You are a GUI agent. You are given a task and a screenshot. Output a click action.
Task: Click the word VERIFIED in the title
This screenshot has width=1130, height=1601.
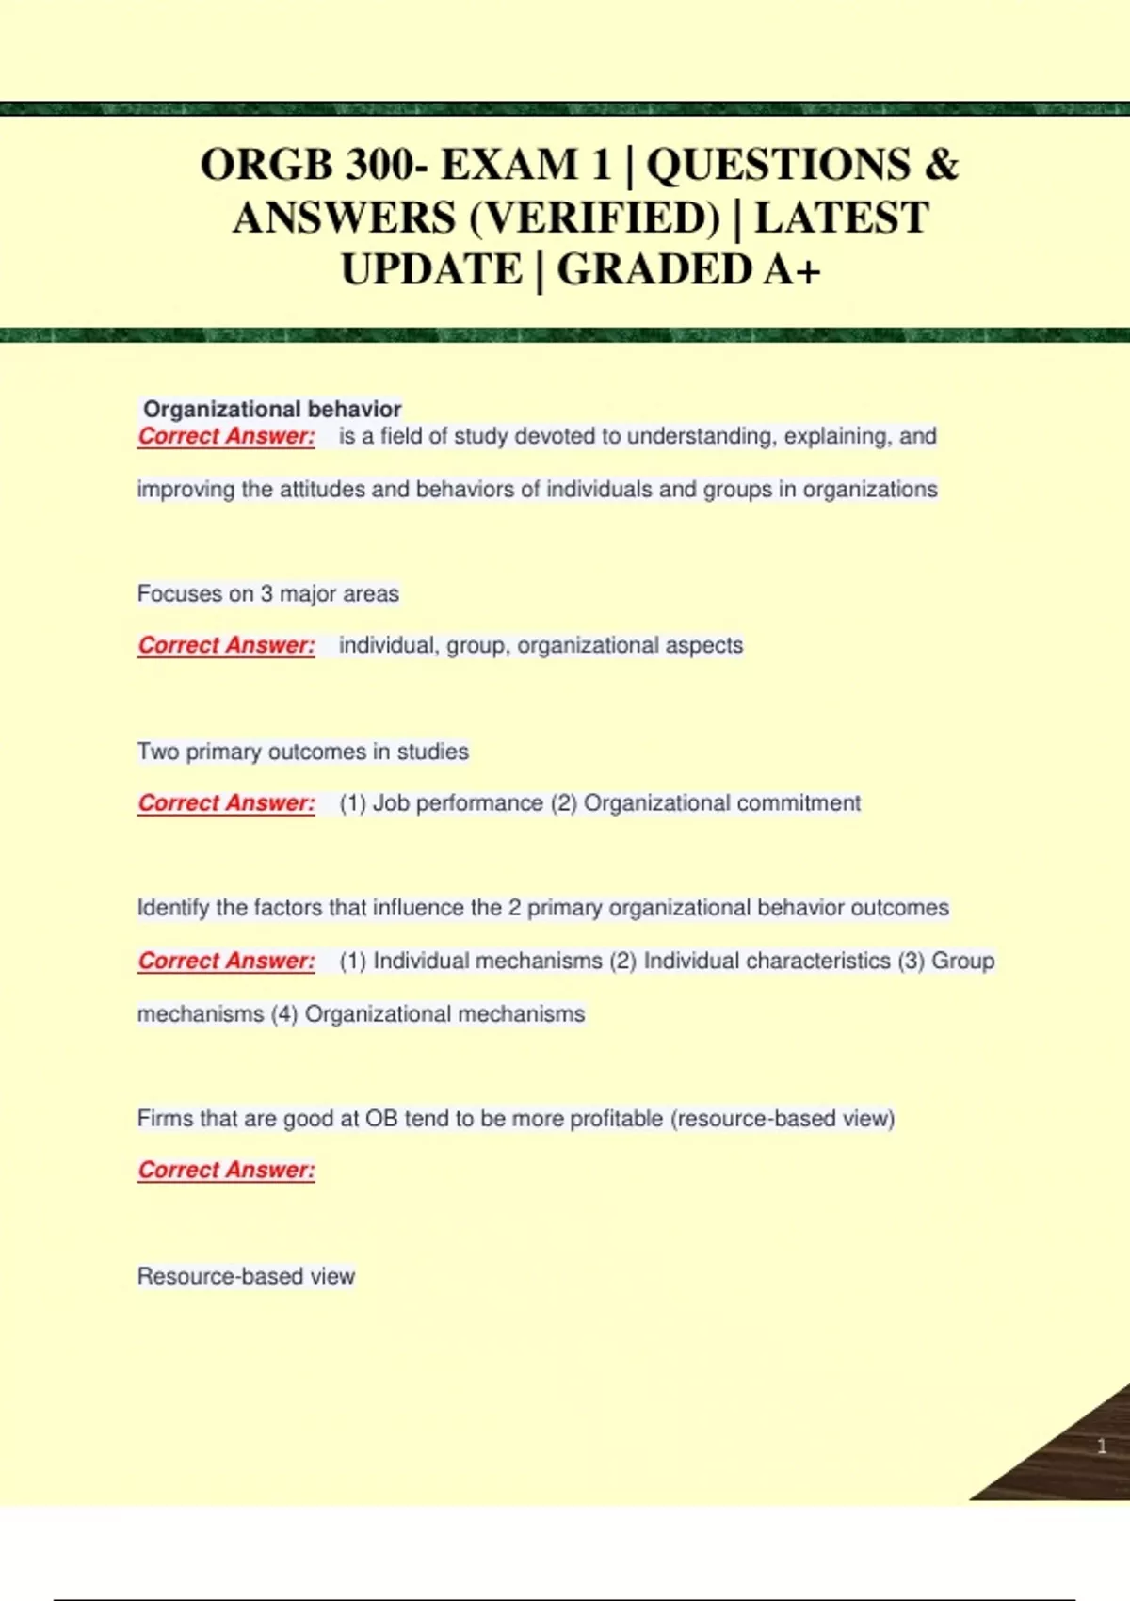pos(593,218)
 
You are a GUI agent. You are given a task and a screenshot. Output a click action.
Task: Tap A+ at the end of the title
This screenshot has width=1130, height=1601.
pos(792,270)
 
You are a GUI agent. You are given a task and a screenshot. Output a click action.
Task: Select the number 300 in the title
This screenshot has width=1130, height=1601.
pos(380,165)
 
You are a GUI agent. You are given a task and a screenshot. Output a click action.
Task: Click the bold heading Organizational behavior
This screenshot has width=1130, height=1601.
pos(272,409)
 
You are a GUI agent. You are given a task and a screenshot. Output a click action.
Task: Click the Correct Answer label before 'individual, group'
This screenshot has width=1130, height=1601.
pos(226,645)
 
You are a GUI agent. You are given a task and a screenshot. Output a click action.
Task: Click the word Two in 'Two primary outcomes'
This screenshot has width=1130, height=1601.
pos(157,752)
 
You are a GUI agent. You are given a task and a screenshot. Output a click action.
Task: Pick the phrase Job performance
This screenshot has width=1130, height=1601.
pos(458,802)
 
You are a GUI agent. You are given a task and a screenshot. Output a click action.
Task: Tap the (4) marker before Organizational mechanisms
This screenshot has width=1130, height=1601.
pos(284,1013)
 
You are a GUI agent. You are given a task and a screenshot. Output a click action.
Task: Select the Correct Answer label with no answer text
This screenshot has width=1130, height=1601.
pos(226,1170)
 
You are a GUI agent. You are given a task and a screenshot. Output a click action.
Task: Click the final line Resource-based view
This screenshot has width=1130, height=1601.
pos(246,1276)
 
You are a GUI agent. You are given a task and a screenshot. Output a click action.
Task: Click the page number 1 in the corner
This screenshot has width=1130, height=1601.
pos(1102,1447)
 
